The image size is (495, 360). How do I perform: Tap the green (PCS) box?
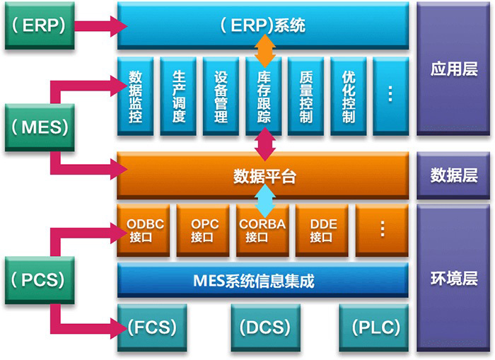[40, 279]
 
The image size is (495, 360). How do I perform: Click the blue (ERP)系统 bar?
[262, 26]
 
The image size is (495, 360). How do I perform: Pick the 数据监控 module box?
[136, 96]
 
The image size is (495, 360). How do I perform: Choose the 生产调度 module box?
[178, 96]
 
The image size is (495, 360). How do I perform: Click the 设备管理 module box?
[221, 96]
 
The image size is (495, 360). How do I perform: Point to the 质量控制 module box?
[305, 96]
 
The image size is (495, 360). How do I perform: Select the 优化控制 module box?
[348, 96]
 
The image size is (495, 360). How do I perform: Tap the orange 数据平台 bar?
[262, 176]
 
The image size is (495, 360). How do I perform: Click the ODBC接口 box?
[145, 231]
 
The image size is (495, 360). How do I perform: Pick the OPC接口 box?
[204, 231]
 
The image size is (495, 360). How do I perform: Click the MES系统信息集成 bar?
[262, 281]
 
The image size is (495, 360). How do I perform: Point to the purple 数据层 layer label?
[453, 175]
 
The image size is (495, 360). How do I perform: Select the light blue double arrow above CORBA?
[263, 201]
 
